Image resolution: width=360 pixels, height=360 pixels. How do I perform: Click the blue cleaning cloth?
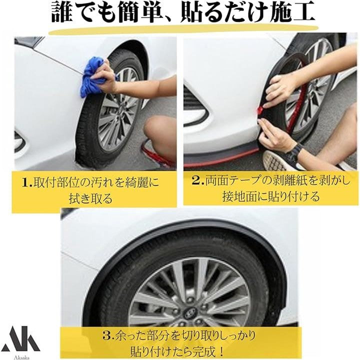[x=92, y=77]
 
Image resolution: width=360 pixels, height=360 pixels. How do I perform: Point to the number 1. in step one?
[x=28, y=182]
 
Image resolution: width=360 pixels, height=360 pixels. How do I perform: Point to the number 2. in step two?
[x=198, y=180]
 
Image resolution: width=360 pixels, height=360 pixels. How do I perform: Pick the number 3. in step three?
[x=109, y=336]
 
